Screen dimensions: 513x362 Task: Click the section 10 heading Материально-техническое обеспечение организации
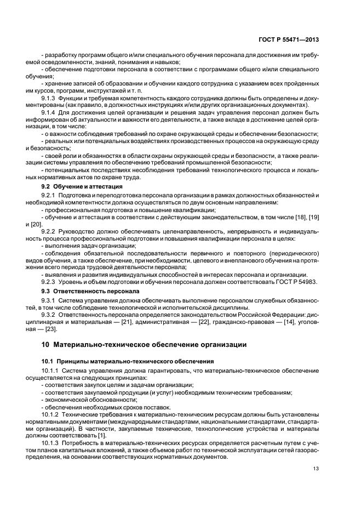click(x=144, y=344)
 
